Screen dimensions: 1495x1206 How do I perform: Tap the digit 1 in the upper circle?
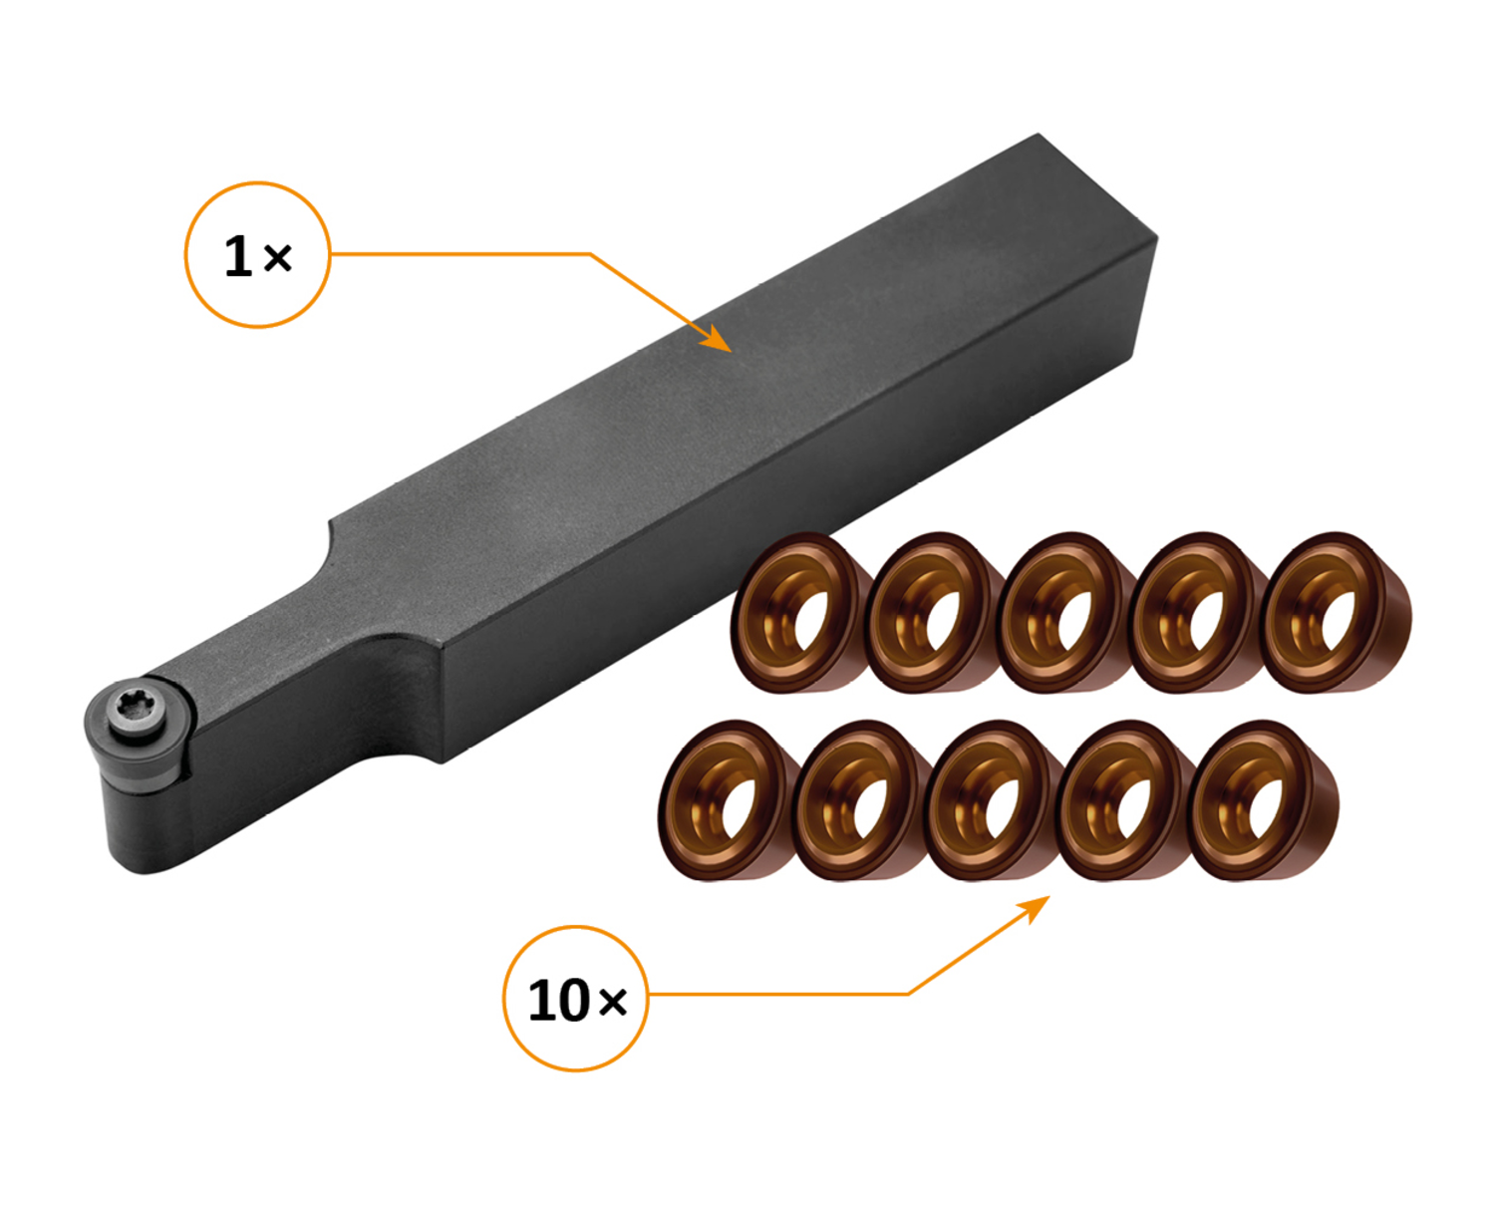[237, 256]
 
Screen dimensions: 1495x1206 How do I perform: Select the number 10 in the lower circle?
[558, 1001]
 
